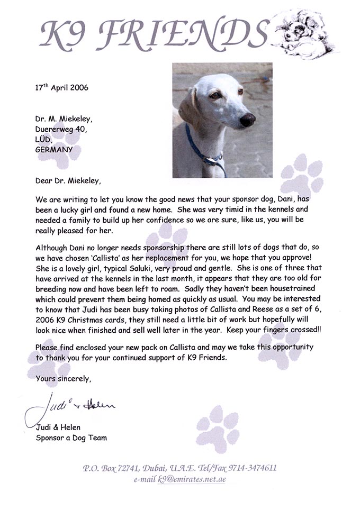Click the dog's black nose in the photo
(x=248, y=120)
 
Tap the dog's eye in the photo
(x=215, y=95)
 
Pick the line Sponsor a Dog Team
(x=71, y=438)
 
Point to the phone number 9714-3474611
(x=251, y=468)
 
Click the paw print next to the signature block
(x=218, y=427)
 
